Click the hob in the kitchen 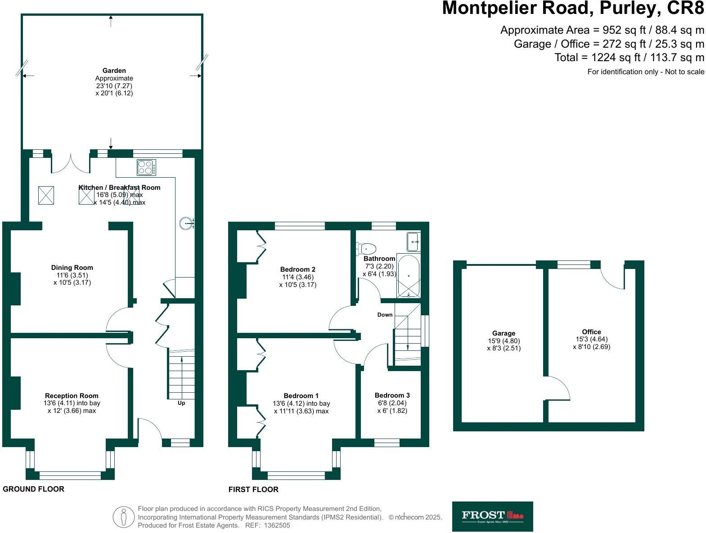(x=147, y=167)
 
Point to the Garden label (x=114, y=71)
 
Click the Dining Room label (x=72, y=268)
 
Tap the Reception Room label (x=72, y=396)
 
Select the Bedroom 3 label (x=392, y=395)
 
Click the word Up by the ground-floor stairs (x=181, y=403)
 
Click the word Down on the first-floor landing (x=385, y=315)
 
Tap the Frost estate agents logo (x=492, y=516)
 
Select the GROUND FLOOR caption (x=34, y=489)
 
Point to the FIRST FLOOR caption (x=253, y=489)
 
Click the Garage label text (x=504, y=333)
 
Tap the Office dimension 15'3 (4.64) (x=591, y=340)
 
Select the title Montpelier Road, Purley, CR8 (x=573, y=8)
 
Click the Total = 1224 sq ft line (x=629, y=58)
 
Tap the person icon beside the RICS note (x=123, y=517)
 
